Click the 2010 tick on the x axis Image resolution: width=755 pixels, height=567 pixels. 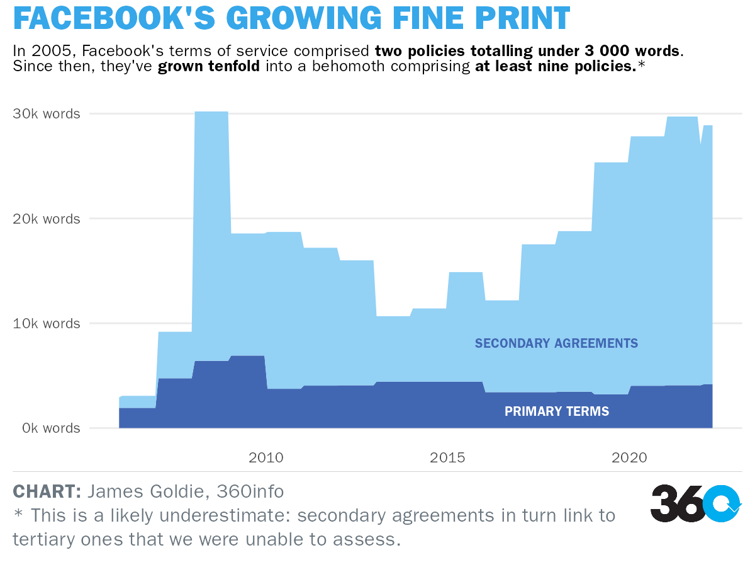[x=266, y=457]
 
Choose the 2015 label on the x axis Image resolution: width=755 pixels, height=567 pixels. [x=447, y=457]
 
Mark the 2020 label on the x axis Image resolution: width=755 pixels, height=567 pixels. [x=629, y=457]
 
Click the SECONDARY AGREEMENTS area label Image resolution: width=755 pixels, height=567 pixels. [x=556, y=343]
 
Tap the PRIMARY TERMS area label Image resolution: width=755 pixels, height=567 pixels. [x=557, y=411]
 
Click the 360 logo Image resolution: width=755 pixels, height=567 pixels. [x=696, y=503]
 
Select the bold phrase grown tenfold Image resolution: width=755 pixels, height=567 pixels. [x=209, y=66]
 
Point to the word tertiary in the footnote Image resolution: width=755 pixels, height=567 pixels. [x=44, y=539]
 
